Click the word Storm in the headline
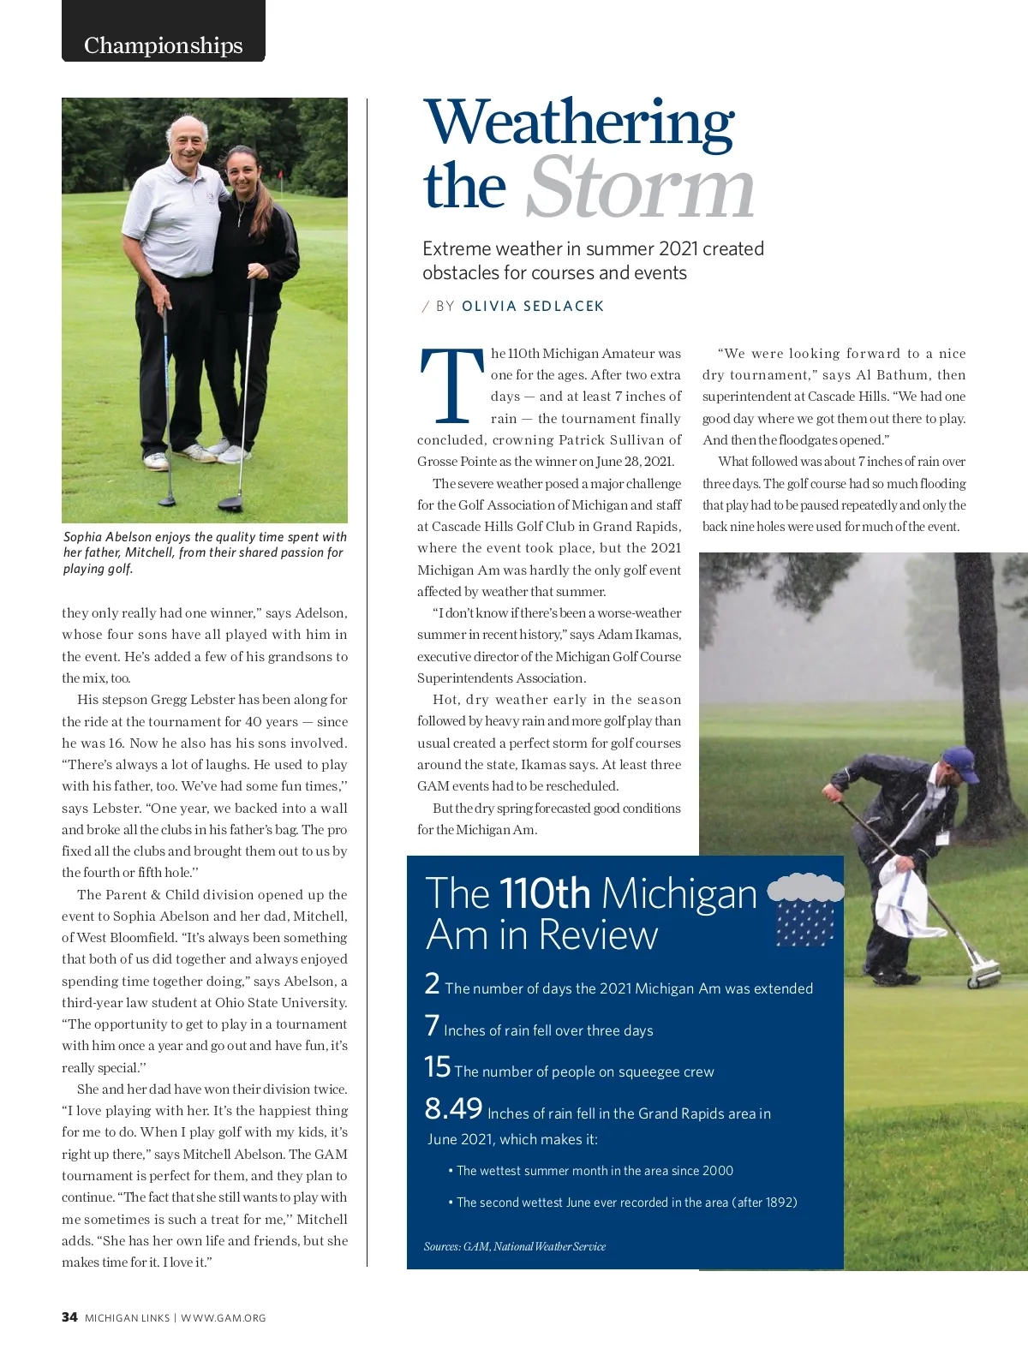pos(639,188)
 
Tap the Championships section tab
pos(163,45)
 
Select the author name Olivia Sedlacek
pos(533,306)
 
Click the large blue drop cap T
pos(451,385)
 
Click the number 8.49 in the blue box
pos(453,1108)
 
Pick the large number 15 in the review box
pos(437,1066)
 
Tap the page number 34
pos(69,1317)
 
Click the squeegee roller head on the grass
pos(983,974)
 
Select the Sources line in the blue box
pos(514,1246)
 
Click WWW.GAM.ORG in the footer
pos(224,1318)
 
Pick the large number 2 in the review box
pos(432,983)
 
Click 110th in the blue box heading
pos(545,893)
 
